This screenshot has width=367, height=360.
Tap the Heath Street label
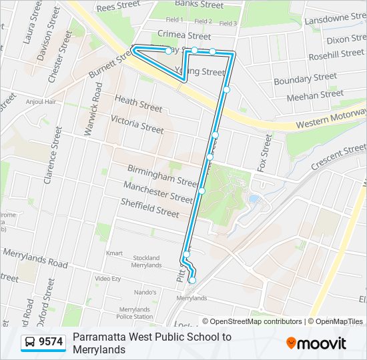coord(138,103)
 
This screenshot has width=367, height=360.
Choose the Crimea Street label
coord(184,35)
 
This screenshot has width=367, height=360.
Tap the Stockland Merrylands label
coord(146,261)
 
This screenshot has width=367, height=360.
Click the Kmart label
coord(115,253)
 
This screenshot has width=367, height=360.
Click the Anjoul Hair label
coord(40,102)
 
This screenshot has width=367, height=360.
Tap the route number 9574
coord(51,342)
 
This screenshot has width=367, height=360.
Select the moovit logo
coord(316,343)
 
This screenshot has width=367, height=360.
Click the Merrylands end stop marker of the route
coord(192,281)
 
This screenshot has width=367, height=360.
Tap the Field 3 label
coord(228,23)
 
